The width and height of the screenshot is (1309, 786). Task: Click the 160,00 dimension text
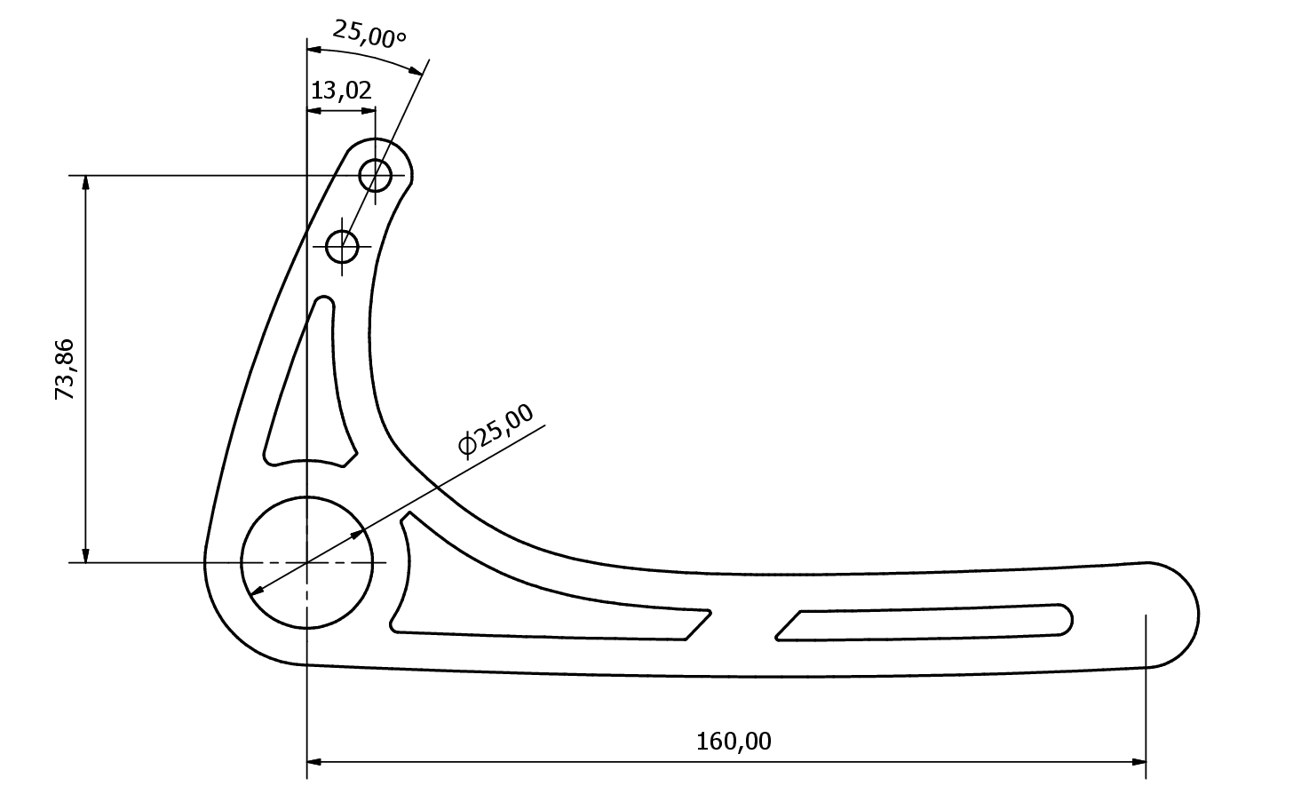coord(734,742)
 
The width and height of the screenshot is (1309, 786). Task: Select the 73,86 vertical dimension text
coord(64,369)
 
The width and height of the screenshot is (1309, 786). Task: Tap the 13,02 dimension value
coord(341,91)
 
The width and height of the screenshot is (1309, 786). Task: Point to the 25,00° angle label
coord(369,34)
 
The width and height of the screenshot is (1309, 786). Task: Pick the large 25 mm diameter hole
coord(306,563)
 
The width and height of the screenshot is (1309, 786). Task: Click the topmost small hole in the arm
coord(375,175)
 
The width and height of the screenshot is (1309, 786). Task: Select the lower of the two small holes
coord(342,247)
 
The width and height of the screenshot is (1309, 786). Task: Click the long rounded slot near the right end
coord(924,623)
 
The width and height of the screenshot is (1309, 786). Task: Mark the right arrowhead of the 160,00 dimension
coord(1139,762)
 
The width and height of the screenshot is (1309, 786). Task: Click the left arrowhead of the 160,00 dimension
coord(314,762)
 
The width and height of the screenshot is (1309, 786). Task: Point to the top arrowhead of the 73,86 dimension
coord(86,182)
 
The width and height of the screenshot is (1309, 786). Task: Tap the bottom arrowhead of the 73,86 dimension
coord(86,555)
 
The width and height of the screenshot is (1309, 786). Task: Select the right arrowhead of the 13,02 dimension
coord(369,110)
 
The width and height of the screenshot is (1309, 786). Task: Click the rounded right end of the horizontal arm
coord(1175,615)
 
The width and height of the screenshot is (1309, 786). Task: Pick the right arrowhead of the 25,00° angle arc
coord(416,71)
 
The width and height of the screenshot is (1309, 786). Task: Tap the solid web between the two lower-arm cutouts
coord(743,625)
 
